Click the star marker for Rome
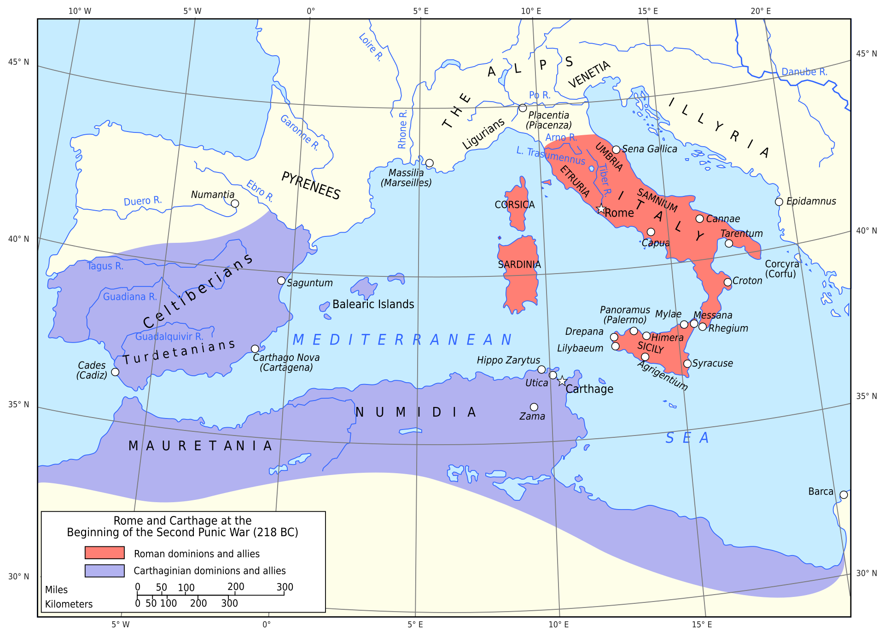pyautogui.click(x=601, y=209)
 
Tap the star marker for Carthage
pyautogui.click(x=562, y=381)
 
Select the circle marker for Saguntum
pyautogui.click(x=281, y=281)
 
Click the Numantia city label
pyautogui.click(x=213, y=195)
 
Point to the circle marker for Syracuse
pyautogui.click(x=687, y=364)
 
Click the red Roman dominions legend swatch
pyautogui.click(x=105, y=552)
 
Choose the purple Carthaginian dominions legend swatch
pyautogui.click(x=105, y=571)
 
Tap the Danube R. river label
pyautogui.click(x=804, y=72)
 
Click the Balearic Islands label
pyautogui.click(x=373, y=304)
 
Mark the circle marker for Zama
pyautogui.click(x=534, y=407)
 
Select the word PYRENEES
pyautogui.click(x=311, y=186)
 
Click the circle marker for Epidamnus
pyautogui.click(x=779, y=202)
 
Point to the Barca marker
pyautogui.click(x=843, y=495)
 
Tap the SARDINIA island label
pyautogui.click(x=519, y=264)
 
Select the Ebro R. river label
pyautogui.click(x=260, y=191)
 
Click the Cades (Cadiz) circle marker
pyautogui.click(x=116, y=372)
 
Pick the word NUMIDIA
pyautogui.click(x=415, y=412)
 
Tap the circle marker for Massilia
pyautogui.click(x=430, y=163)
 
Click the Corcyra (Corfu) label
pyautogui.click(x=782, y=269)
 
